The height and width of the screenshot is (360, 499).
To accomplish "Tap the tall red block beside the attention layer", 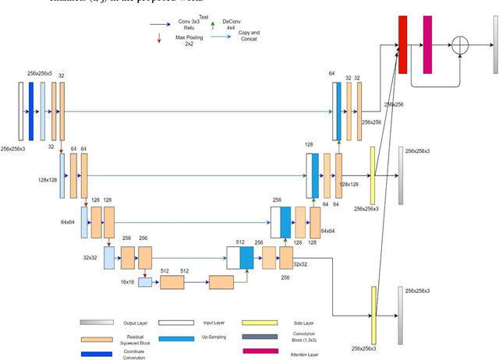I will click(x=403, y=44).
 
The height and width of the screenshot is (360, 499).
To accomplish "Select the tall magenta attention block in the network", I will click(x=427, y=44).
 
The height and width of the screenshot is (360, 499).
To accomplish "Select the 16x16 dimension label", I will click(x=127, y=281).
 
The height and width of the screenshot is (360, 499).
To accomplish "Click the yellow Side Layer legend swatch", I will click(x=260, y=322).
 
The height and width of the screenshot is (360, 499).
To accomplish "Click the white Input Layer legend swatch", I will click(x=178, y=322).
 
